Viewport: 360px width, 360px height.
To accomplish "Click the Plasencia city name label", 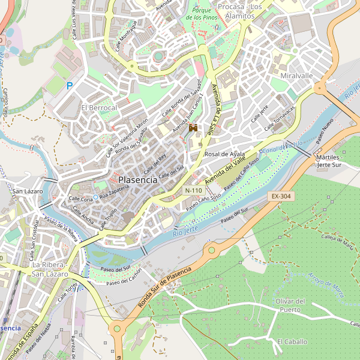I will coord(137,179).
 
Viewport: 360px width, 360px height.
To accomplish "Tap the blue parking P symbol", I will coord(70,86).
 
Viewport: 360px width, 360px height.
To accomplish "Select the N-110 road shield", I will coord(193,190).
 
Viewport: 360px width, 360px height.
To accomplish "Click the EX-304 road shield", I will coord(280,196).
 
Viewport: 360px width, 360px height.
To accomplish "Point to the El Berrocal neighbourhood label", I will coord(99,107).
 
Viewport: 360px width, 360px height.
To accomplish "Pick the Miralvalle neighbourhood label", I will coord(296,76).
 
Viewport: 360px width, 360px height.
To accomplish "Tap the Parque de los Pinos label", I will coord(204,14).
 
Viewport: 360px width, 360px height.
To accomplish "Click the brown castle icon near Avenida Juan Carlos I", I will coord(193,128).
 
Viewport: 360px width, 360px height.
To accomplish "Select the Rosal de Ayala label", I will coord(225,154).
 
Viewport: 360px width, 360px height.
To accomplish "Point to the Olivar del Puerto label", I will coord(291,305).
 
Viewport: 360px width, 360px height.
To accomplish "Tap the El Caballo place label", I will coord(292,341).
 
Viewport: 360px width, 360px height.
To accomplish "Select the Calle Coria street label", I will coord(80,199).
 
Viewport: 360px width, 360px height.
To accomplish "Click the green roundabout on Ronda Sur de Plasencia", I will coord(211,250).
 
